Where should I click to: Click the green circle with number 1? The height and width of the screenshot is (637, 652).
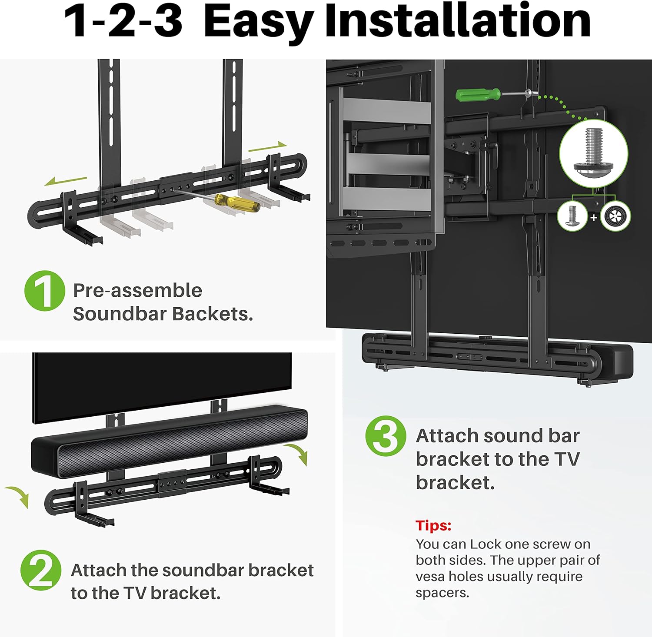[x=44, y=290]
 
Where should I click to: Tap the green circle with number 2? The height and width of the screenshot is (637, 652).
[x=40, y=570]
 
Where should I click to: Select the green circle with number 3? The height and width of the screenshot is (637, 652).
[x=386, y=435]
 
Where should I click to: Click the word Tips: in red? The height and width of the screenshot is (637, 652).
[x=433, y=525]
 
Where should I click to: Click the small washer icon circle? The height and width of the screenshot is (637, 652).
[x=615, y=216]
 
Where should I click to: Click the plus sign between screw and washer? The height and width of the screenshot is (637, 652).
[x=594, y=217]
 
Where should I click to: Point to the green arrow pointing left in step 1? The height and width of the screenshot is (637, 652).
[x=65, y=181]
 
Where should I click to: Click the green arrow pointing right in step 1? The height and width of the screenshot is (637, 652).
[x=268, y=147]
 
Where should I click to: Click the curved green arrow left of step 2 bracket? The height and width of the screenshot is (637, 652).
[x=18, y=496]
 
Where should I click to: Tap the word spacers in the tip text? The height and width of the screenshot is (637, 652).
[x=442, y=593]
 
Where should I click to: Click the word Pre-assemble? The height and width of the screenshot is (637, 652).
[x=137, y=290]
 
